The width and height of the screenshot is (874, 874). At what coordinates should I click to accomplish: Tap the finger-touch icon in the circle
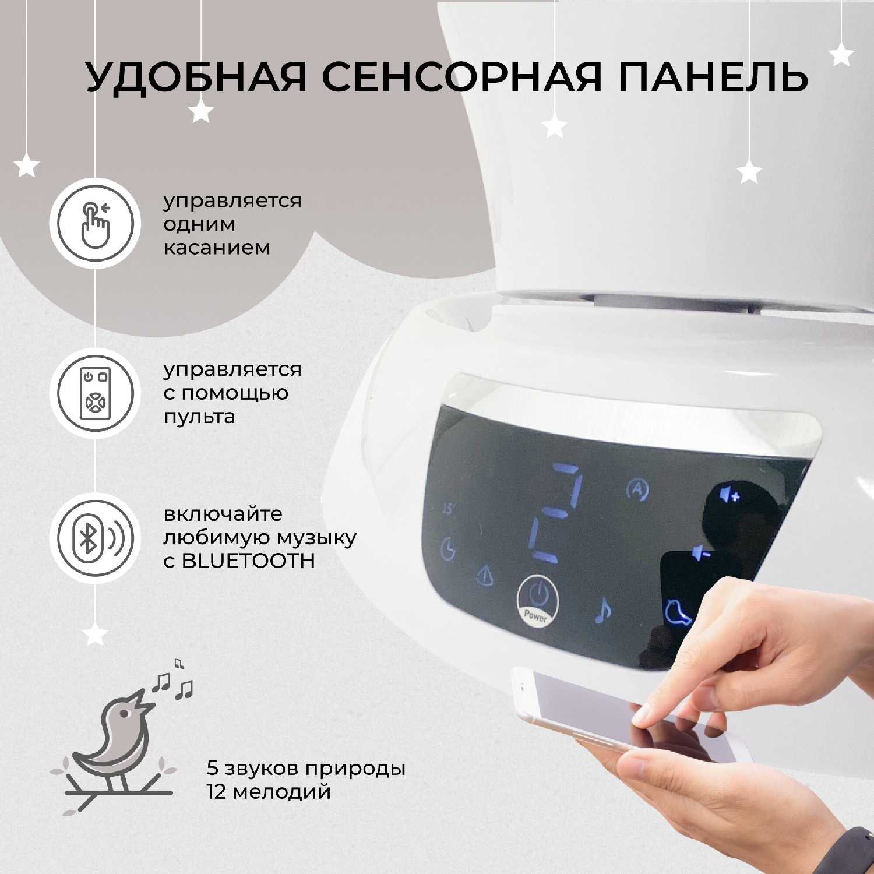pos(95,223)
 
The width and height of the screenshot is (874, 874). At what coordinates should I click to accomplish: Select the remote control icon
pos(95,393)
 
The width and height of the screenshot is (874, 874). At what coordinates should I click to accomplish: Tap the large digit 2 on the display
pos(556,513)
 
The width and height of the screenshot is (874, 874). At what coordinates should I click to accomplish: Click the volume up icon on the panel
pos(729,495)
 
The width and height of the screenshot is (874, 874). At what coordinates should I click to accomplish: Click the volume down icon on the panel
pos(702,553)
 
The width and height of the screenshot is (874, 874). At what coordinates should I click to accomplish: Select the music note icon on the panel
pos(603,611)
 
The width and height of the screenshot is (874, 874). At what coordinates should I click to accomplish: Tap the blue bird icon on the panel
pos(678,612)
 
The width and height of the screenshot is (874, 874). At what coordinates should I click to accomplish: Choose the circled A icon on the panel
pos(637,490)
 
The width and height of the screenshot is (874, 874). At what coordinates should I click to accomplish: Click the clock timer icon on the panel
pos(448,549)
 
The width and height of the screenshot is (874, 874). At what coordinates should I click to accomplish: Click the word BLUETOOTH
pos(248,561)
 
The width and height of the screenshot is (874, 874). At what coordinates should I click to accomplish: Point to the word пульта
pos(199,417)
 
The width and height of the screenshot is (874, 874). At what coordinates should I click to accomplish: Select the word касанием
pos(217,247)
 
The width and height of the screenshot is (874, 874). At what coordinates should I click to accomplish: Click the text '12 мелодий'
pos(269,792)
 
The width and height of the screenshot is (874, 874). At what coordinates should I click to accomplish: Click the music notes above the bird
pos(173,682)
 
